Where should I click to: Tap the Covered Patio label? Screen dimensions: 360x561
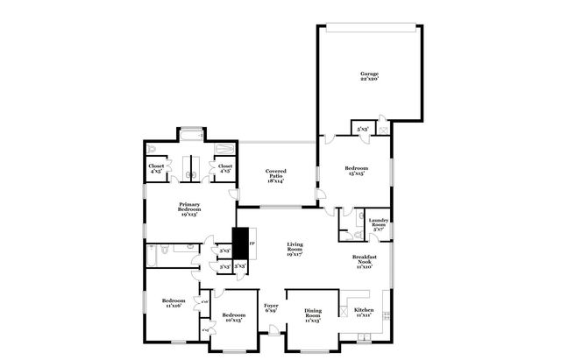(x=276, y=173)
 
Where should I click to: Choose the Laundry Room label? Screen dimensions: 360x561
(x=379, y=223)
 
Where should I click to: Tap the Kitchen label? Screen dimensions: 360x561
(x=363, y=311)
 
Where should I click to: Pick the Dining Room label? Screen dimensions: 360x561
(x=313, y=314)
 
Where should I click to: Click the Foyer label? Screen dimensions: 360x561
(x=271, y=307)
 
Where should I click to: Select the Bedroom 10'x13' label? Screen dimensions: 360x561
(x=233, y=317)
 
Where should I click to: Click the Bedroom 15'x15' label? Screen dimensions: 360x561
(x=356, y=170)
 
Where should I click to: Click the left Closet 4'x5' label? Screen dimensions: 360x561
(x=156, y=167)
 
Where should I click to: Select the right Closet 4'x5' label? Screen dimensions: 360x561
(x=225, y=167)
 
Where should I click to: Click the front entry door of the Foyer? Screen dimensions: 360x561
(x=274, y=330)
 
